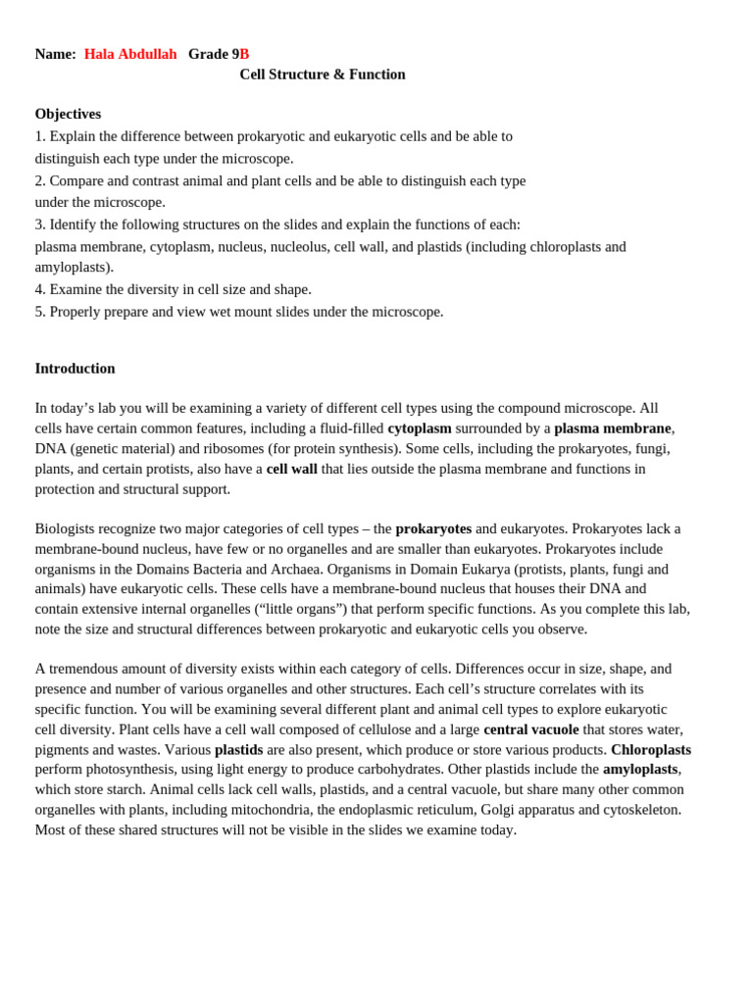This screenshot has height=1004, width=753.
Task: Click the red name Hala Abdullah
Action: coord(130,54)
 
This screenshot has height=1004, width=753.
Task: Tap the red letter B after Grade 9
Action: coord(245,54)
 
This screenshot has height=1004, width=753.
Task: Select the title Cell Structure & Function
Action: coord(322,75)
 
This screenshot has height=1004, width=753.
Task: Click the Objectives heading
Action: coord(68,114)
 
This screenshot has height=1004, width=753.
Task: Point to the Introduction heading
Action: coord(75,369)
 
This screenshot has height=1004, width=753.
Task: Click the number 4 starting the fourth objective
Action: coord(39,289)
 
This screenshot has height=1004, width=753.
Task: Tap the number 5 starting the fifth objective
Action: coord(39,312)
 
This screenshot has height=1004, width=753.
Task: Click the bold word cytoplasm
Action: coord(420,428)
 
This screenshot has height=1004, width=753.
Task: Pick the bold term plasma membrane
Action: coord(612,428)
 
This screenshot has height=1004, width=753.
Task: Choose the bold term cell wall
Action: coord(291,469)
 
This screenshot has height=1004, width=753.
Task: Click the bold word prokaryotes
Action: coord(433,528)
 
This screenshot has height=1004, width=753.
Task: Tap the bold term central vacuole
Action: coord(531,729)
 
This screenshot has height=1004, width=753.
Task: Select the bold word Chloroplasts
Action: coord(650,749)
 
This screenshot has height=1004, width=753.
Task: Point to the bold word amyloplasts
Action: coord(639,770)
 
